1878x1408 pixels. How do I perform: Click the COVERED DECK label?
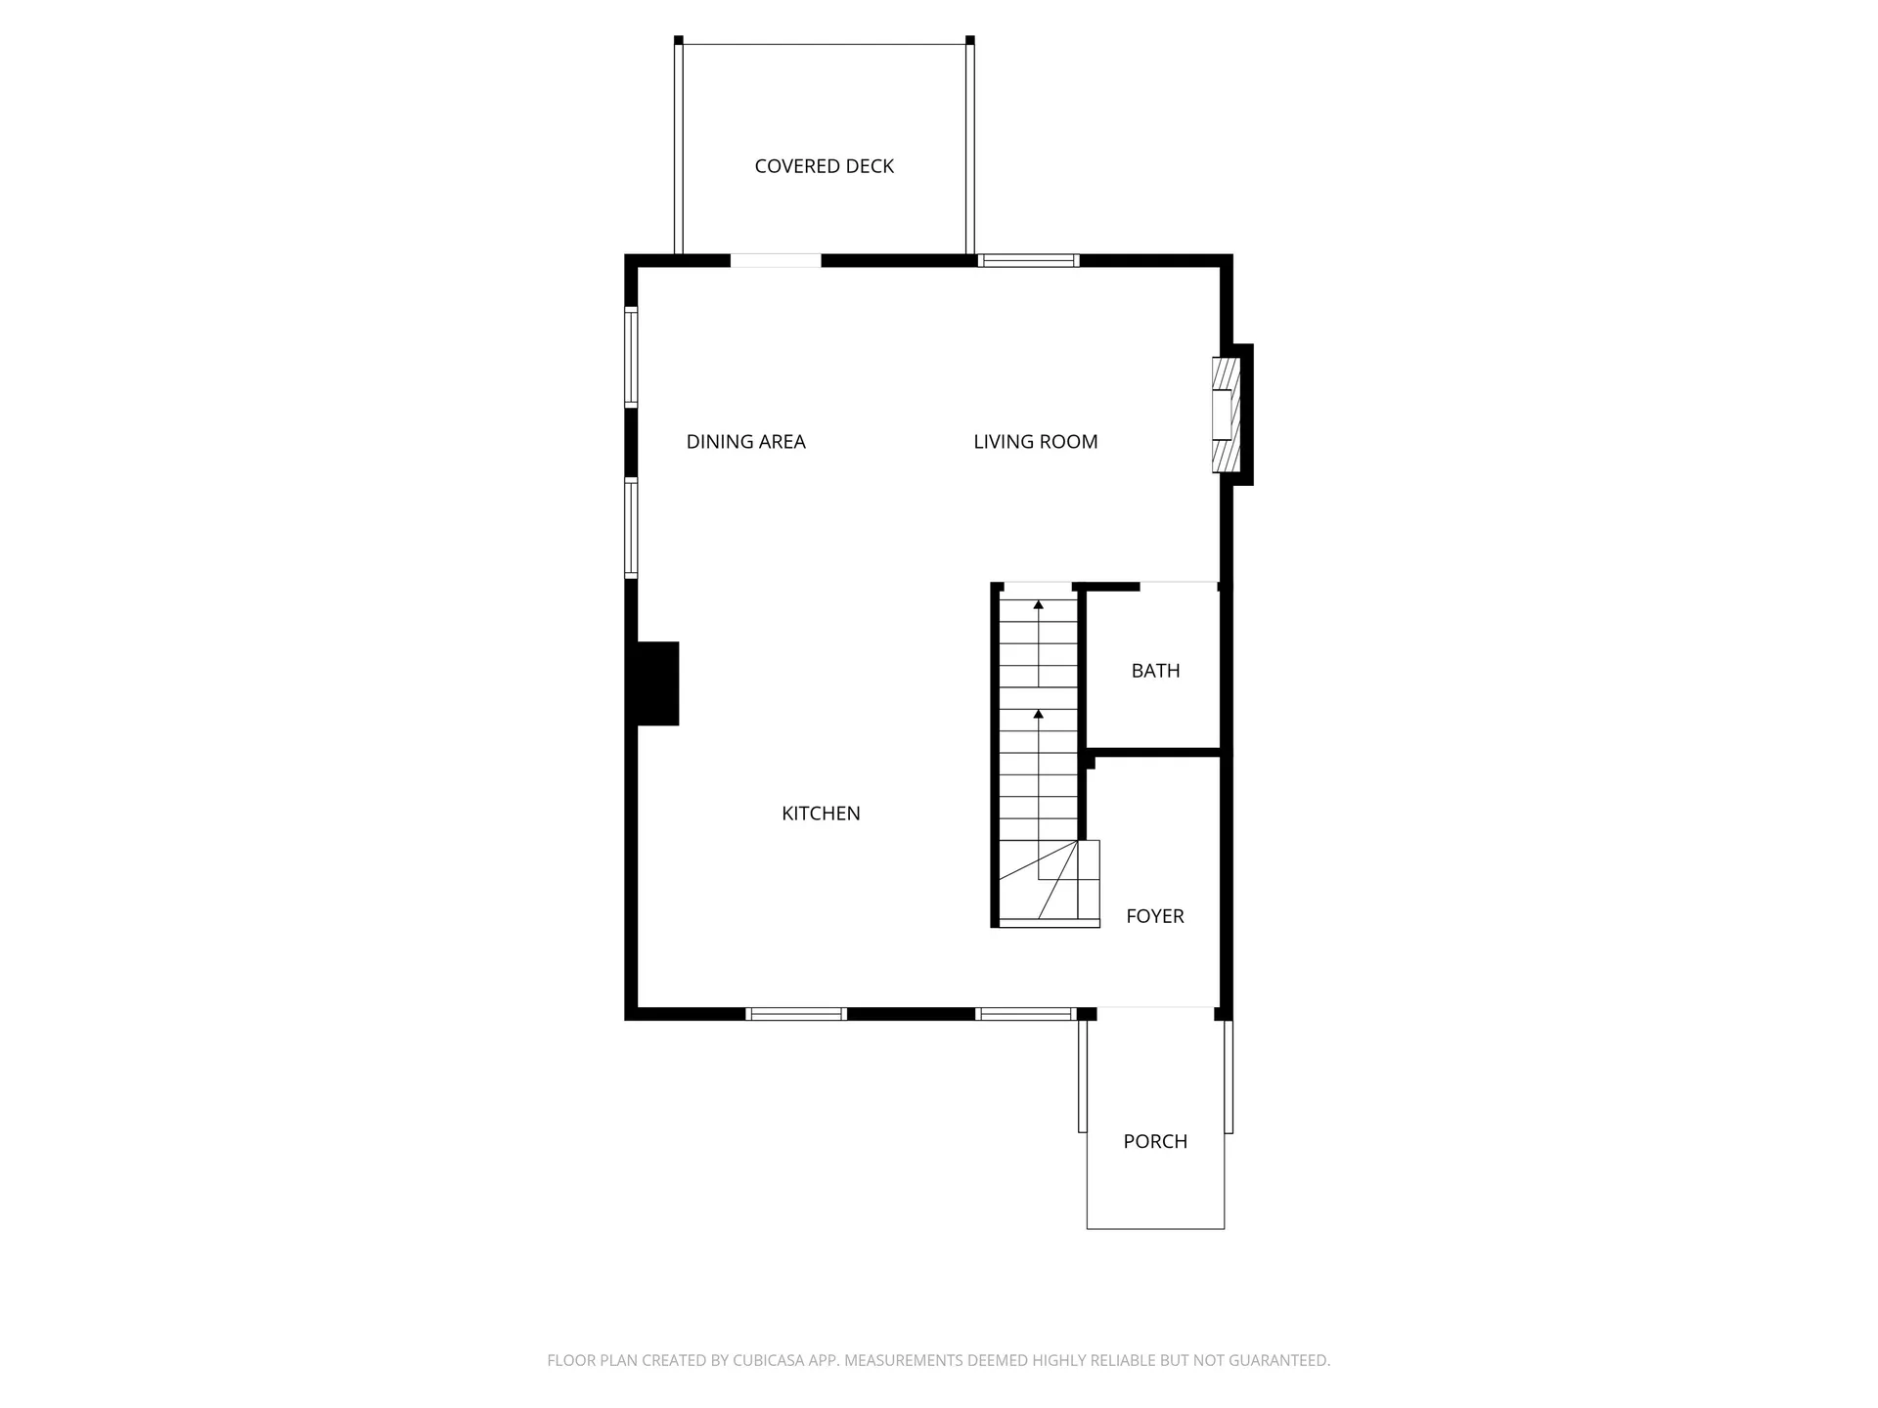click(824, 166)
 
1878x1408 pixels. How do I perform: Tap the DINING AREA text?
click(745, 442)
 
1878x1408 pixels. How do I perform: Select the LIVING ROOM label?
click(1035, 442)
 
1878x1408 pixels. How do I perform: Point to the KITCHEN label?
click(821, 814)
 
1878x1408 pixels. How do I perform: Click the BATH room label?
click(1155, 671)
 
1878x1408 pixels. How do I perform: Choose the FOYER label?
click(1154, 916)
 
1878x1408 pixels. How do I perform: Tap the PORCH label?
click(1155, 1141)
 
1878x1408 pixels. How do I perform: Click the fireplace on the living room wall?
click(1226, 414)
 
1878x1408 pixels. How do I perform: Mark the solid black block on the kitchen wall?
click(657, 683)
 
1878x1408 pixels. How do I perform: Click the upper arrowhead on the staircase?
click(1039, 605)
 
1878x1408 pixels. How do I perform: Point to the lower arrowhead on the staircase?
click(1039, 715)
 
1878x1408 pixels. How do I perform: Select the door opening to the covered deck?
click(776, 261)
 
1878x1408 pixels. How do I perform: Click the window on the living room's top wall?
click(1028, 261)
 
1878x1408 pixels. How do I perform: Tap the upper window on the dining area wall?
click(632, 357)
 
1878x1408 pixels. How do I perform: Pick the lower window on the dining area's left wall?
click(632, 528)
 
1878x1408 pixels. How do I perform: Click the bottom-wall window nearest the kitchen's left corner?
click(796, 1014)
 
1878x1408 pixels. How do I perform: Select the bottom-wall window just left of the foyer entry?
click(1026, 1014)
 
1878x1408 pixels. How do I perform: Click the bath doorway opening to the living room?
click(1179, 586)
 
